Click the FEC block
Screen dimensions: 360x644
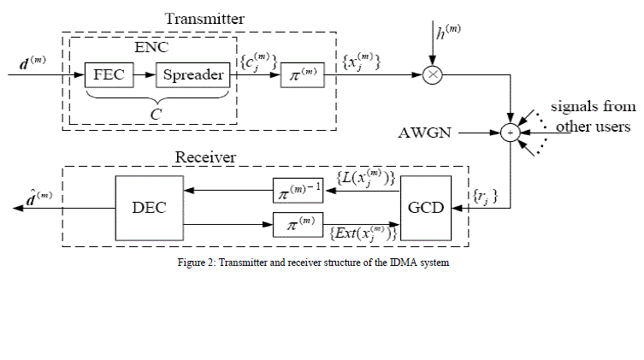point(107,74)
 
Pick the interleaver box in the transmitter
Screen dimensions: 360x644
point(302,74)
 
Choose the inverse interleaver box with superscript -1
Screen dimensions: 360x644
point(298,190)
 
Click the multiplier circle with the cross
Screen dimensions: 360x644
point(434,74)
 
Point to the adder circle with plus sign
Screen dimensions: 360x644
point(511,133)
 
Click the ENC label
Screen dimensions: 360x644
point(154,50)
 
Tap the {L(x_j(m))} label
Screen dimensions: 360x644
point(363,178)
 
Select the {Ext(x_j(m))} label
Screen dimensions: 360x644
point(363,233)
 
